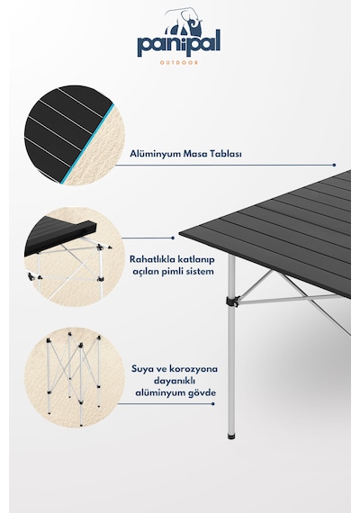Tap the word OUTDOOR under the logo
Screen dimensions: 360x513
(179, 62)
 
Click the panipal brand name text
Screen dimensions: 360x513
(179, 42)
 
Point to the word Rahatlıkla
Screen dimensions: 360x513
(152, 259)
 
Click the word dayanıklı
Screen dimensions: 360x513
(175, 382)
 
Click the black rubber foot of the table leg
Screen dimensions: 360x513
(231, 436)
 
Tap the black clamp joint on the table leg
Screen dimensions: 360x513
(233, 301)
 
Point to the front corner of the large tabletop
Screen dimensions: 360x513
(180, 232)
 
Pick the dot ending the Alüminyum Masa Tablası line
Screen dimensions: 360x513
(334, 166)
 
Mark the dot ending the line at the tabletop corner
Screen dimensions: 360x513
(173, 238)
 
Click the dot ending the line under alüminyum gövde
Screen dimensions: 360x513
(213, 404)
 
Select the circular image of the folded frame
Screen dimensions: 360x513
(74, 377)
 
